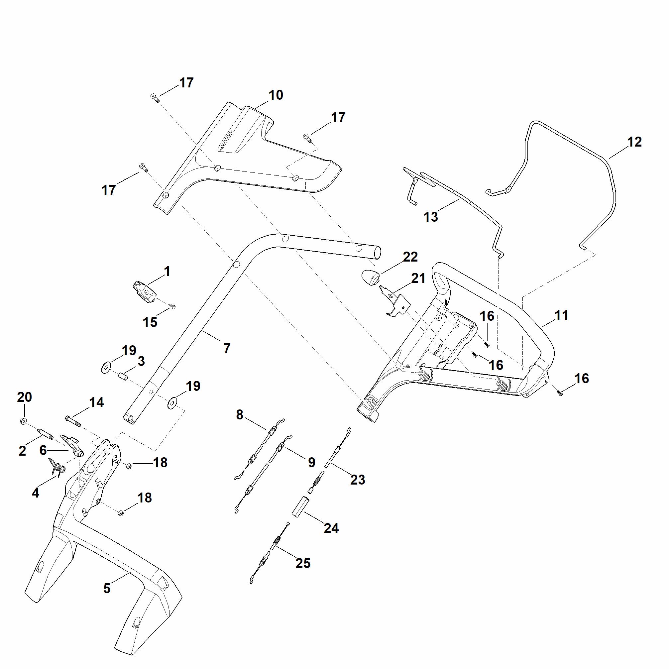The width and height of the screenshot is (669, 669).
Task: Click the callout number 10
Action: tap(276, 95)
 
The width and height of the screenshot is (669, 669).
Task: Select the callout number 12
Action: tap(634, 142)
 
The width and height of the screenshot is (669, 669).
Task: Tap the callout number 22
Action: tap(410, 257)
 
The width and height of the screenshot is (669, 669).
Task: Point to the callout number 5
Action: tap(107, 588)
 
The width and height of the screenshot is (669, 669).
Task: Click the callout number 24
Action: tap(331, 528)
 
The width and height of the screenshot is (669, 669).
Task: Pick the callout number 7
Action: tap(227, 349)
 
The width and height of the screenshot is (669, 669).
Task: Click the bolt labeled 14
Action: tap(73, 421)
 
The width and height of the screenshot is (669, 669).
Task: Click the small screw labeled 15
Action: tap(172, 306)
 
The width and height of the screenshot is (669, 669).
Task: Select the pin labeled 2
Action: tap(45, 433)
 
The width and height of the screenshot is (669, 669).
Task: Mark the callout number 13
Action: tap(431, 217)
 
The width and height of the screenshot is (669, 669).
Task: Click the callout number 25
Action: tap(303, 563)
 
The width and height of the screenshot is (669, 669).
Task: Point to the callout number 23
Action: tap(358, 480)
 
